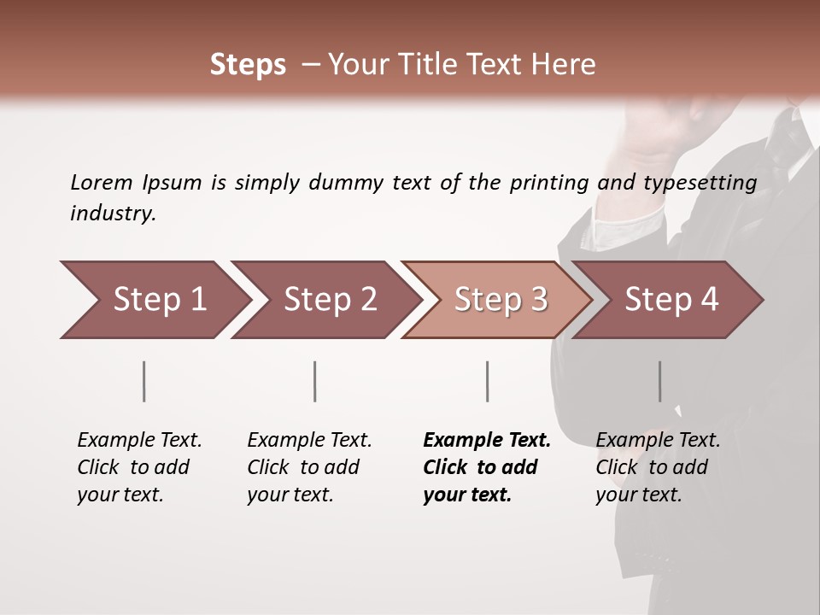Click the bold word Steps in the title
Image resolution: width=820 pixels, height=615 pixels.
click(248, 65)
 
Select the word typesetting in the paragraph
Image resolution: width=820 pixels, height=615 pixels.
click(705, 183)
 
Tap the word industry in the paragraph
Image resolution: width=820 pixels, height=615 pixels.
click(113, 214)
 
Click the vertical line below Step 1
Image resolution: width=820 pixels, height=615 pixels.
click(144, 381)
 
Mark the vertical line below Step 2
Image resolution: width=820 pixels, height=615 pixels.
click(315, 381)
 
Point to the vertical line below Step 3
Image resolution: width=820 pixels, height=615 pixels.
click(487, 381)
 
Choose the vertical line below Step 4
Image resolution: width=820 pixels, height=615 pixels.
click(659, 381)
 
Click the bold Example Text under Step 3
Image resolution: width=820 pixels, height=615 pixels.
click(487, 441)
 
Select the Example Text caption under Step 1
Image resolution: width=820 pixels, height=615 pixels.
click(139, 441)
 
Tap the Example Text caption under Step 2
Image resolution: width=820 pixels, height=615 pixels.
click(309, 441)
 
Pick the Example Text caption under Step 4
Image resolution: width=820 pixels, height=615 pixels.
click(658, 441)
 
